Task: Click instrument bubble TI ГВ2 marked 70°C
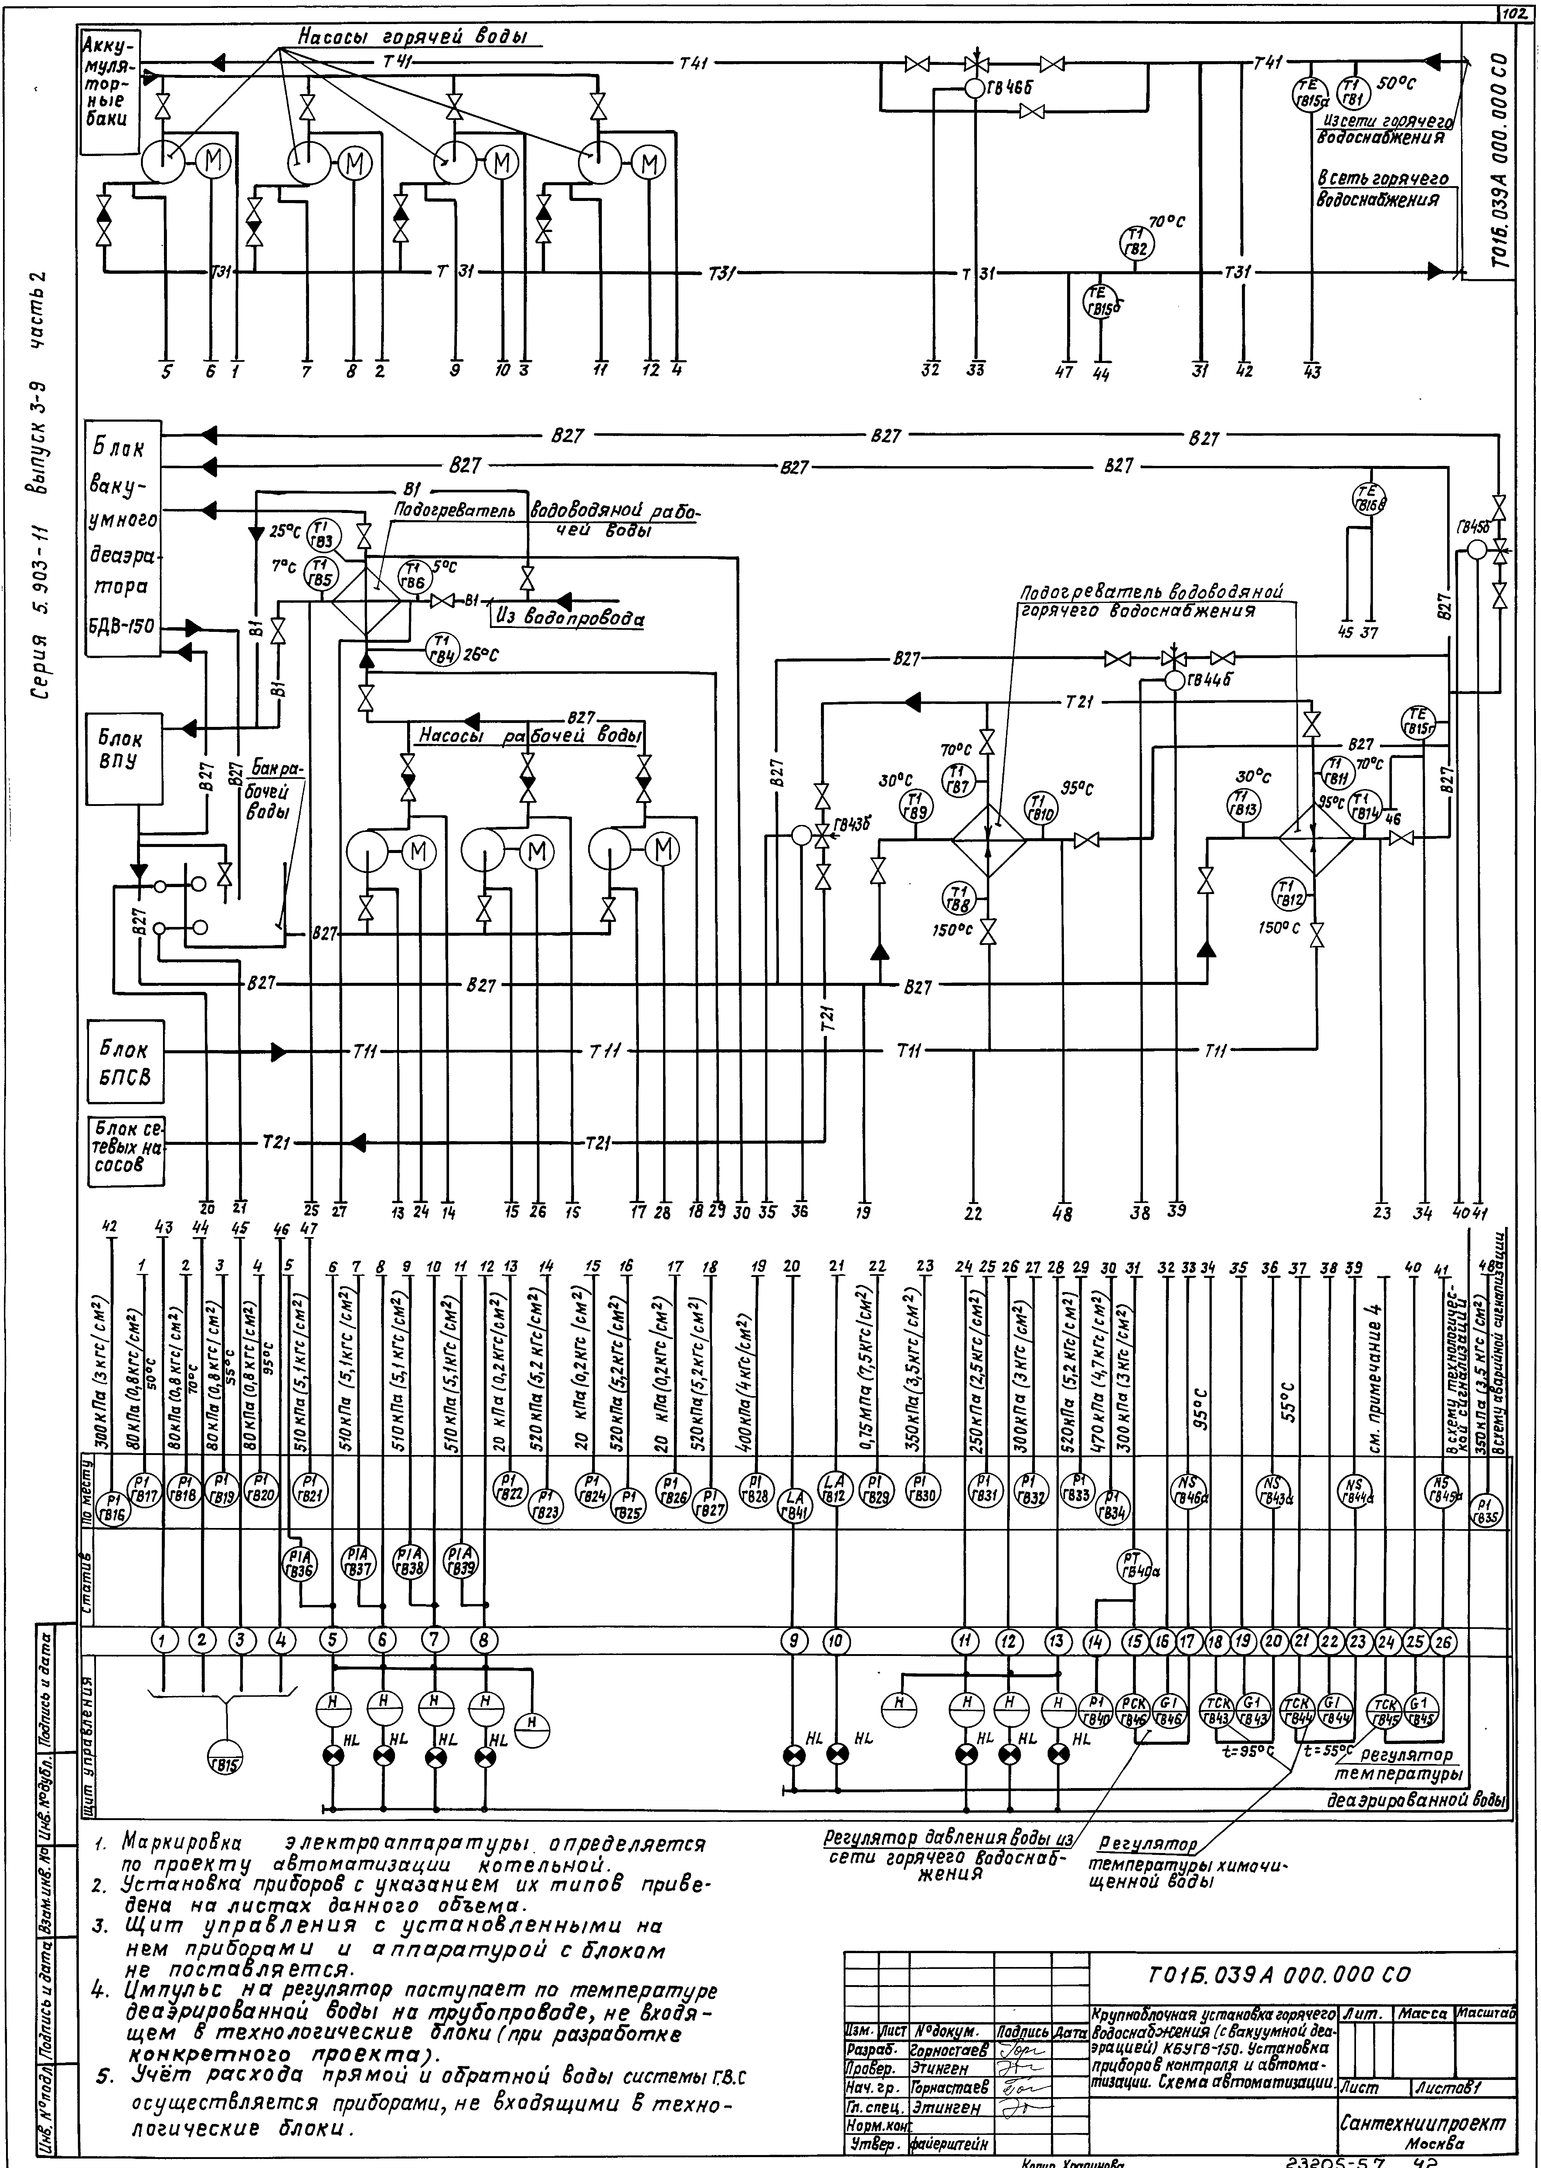(x=1136, y=243)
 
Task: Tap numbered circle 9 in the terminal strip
(x=793, y=1640)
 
